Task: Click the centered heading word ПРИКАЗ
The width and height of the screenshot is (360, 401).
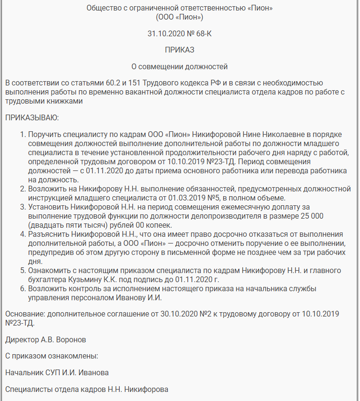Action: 180,50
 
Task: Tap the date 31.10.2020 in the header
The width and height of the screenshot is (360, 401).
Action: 165,34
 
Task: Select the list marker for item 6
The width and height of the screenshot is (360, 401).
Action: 22,289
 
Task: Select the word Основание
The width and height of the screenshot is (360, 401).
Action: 24,314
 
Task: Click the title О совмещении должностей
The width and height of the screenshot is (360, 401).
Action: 180,66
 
